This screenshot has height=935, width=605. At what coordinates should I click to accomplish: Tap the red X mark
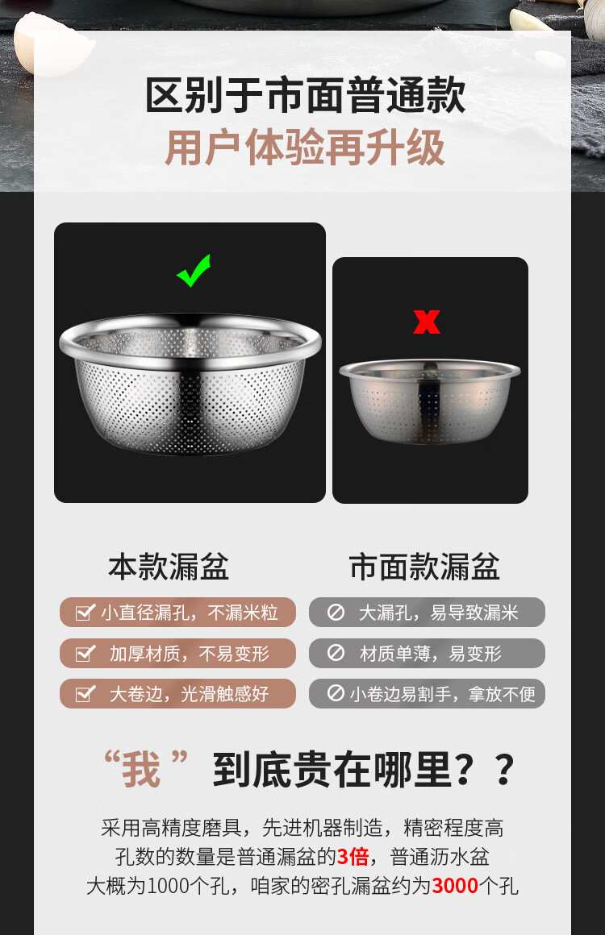pyautogui.click(x=427, y=322)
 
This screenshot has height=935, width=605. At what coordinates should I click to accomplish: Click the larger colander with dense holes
pyautogui.click(x=190, y=384)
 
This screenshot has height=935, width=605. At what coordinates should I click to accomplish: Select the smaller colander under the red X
pyautogui.click(x=430, y=401)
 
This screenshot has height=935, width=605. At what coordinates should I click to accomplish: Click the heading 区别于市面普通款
pyautogui.click(x=305, y=95)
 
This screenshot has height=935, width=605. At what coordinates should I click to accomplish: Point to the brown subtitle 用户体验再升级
pyautogui.click(x=305, y=148)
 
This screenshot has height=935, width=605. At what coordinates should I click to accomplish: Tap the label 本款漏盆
pyautogui.click(x=169, y=567)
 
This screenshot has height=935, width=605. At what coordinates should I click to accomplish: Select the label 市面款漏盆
pyautogui.click(x=424, y=567)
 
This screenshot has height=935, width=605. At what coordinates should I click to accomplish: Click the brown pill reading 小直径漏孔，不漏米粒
pyautogui.click(x=177, y=612)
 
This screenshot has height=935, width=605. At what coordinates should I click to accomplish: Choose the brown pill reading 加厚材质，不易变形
pyautogui.click(x=177, y=653)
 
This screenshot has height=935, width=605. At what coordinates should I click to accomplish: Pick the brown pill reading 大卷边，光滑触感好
pyautogui.click(x=177, y=693)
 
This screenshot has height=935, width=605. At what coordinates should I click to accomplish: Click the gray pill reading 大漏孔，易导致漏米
pyautogui.click(x=427, y=612)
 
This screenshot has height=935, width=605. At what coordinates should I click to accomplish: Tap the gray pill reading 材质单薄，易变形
pyautogui.click(x=427, y=653)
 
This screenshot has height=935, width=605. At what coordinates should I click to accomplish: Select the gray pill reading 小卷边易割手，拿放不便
pyautogui.click(x=427, y=693)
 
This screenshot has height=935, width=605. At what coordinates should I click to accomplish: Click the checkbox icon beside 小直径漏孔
pyautogui.click(x=86, y=612)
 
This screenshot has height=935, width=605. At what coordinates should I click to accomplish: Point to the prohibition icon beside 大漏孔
pyautogui.click(x=336, y=612)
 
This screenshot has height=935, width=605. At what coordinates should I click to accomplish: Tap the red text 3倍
pyautogui.click(x=353, y=857)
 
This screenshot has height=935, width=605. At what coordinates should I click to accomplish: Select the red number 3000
pyautogui.click(x=455, y=886)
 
